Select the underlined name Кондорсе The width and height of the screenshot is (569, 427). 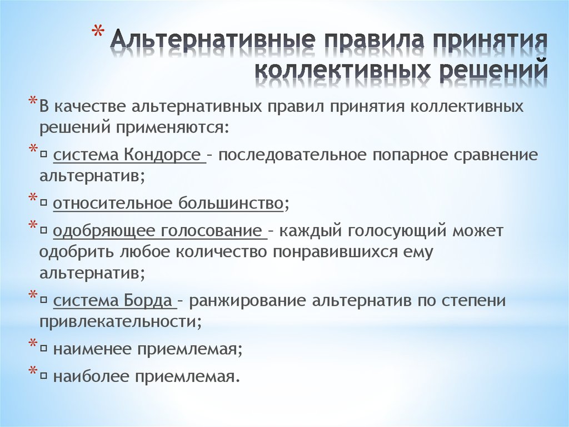point(162,155)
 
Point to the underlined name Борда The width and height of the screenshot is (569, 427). point(148,301)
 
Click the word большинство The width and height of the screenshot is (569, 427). point(231,203)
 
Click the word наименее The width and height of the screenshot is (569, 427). point(93,349)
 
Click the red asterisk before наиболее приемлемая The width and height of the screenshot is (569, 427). point(33,370)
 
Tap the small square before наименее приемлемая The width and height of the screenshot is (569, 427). point(44,350)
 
